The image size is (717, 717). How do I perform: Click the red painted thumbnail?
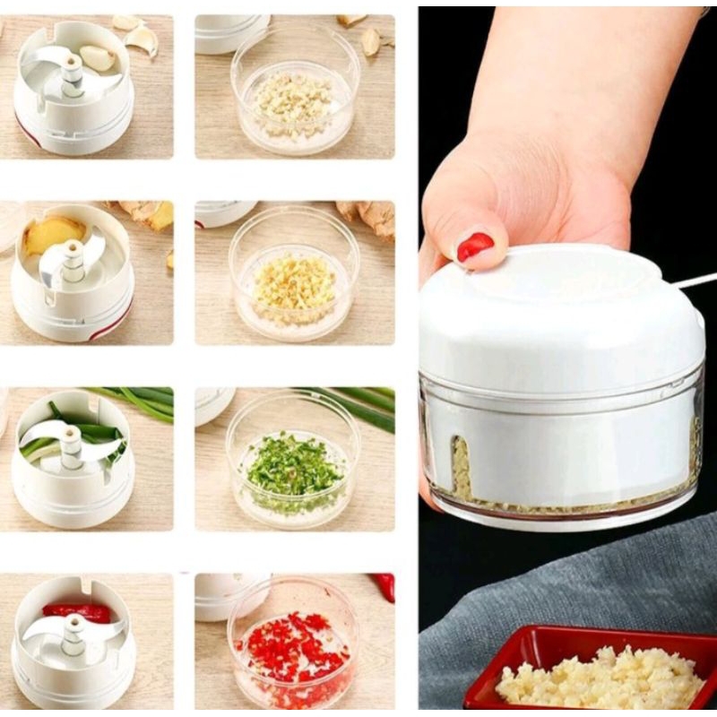475,246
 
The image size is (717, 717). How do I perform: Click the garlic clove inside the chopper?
98,58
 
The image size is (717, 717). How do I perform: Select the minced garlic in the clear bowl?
293,103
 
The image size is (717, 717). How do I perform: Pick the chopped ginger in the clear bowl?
294,285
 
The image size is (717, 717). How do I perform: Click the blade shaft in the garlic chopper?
72,76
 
